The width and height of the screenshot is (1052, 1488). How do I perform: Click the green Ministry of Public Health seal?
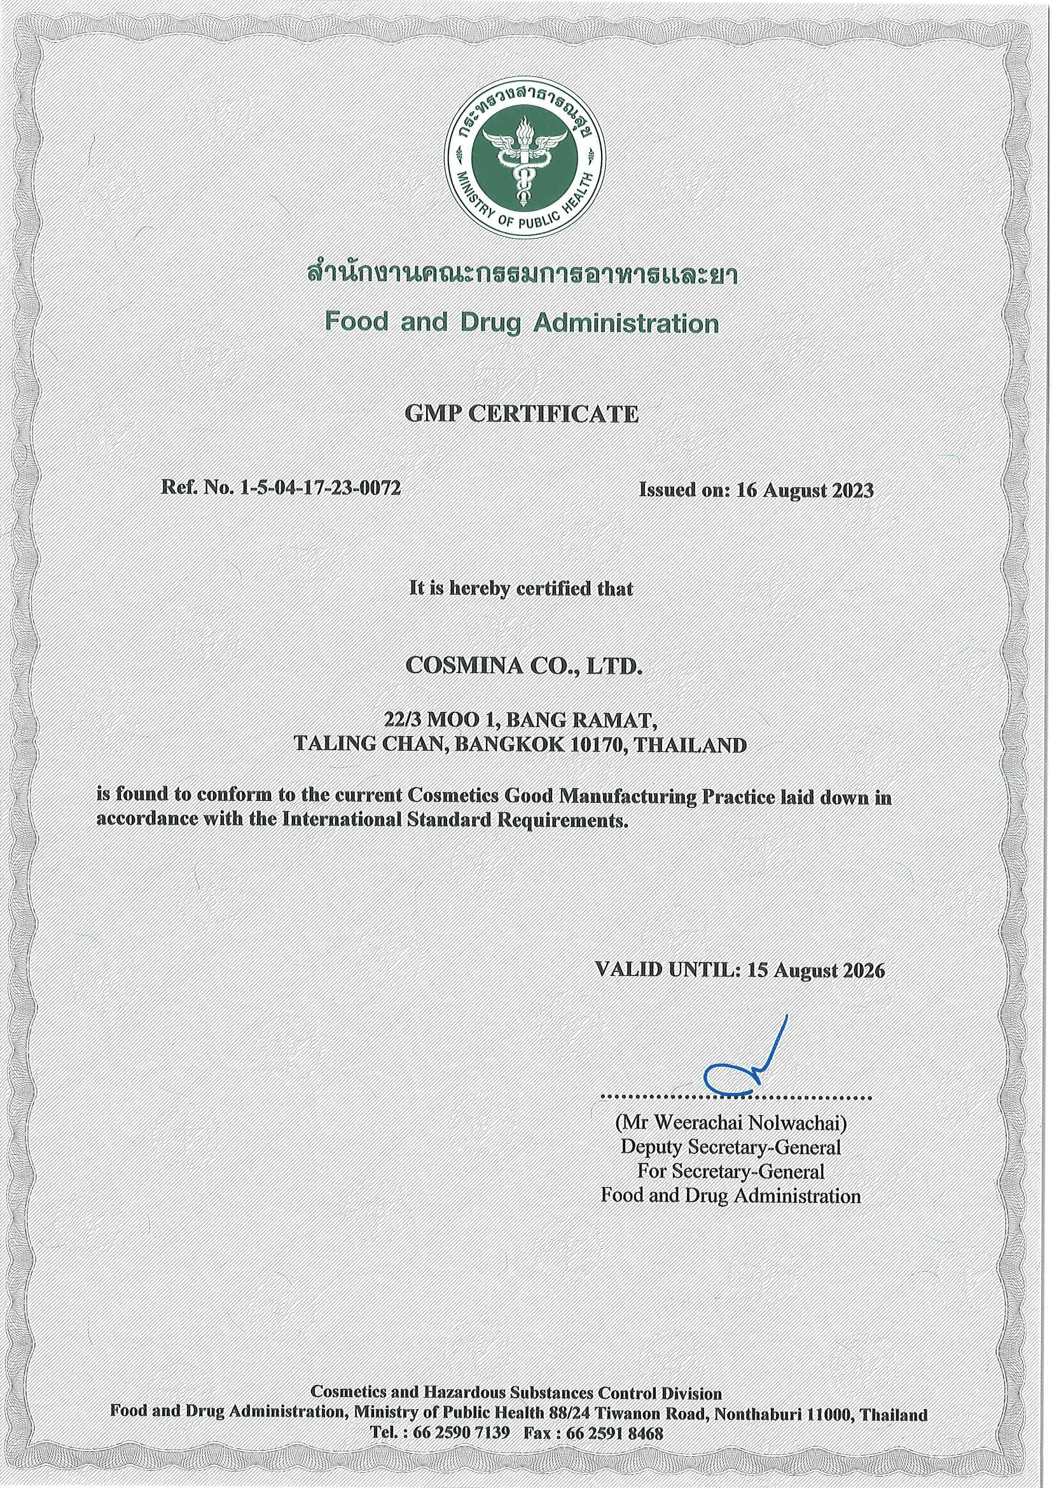click(524, 160)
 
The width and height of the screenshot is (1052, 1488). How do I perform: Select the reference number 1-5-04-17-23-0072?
click(320, 488)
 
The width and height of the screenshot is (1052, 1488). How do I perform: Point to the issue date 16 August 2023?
click(805, 490)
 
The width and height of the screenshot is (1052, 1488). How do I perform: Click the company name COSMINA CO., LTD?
click(522, 667)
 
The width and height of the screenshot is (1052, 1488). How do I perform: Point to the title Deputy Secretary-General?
click(731, 1146)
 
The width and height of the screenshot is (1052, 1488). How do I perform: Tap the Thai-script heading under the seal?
click(522, 275)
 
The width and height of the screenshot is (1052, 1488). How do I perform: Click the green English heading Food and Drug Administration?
click(522, 322)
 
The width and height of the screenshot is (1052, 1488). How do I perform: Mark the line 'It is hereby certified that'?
click(522, 588)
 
